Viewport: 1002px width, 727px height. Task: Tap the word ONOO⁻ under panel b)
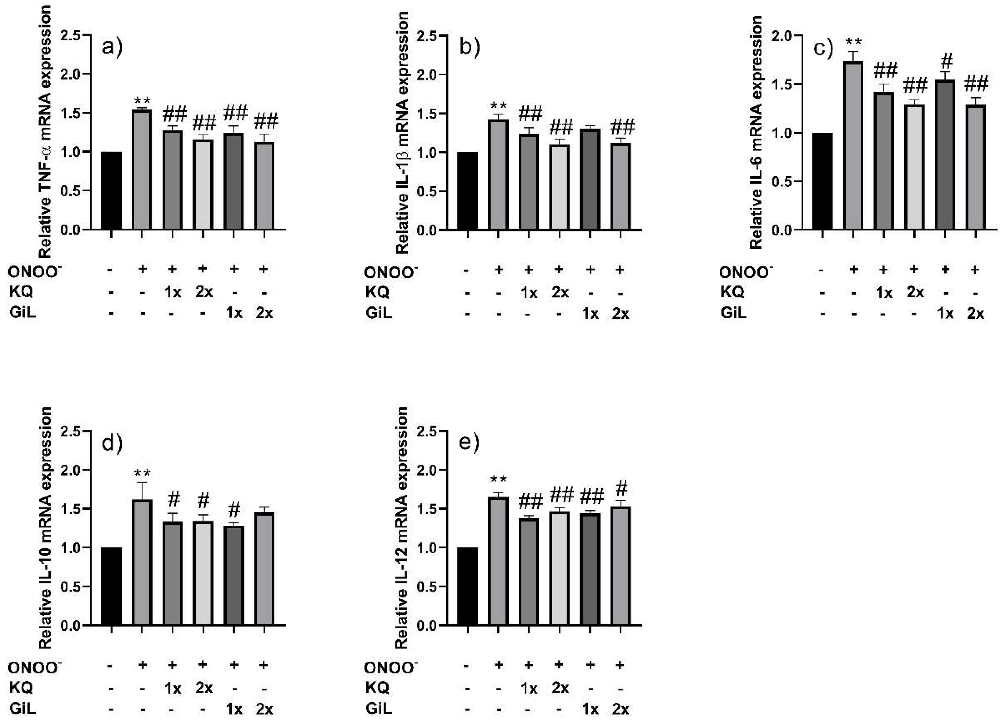[391, 272]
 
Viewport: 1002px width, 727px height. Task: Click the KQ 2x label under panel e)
[560, 688]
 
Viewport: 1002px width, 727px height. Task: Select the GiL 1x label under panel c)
[945, 313]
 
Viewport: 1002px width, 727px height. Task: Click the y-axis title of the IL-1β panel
[401, 132]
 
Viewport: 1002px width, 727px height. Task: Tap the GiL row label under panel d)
[22, 709]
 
